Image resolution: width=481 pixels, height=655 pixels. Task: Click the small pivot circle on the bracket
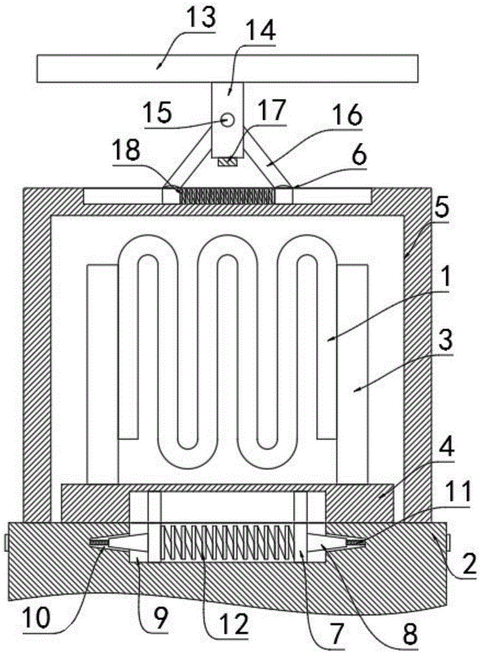point(227,120)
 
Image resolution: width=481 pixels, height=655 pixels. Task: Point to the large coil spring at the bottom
point(224,541)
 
